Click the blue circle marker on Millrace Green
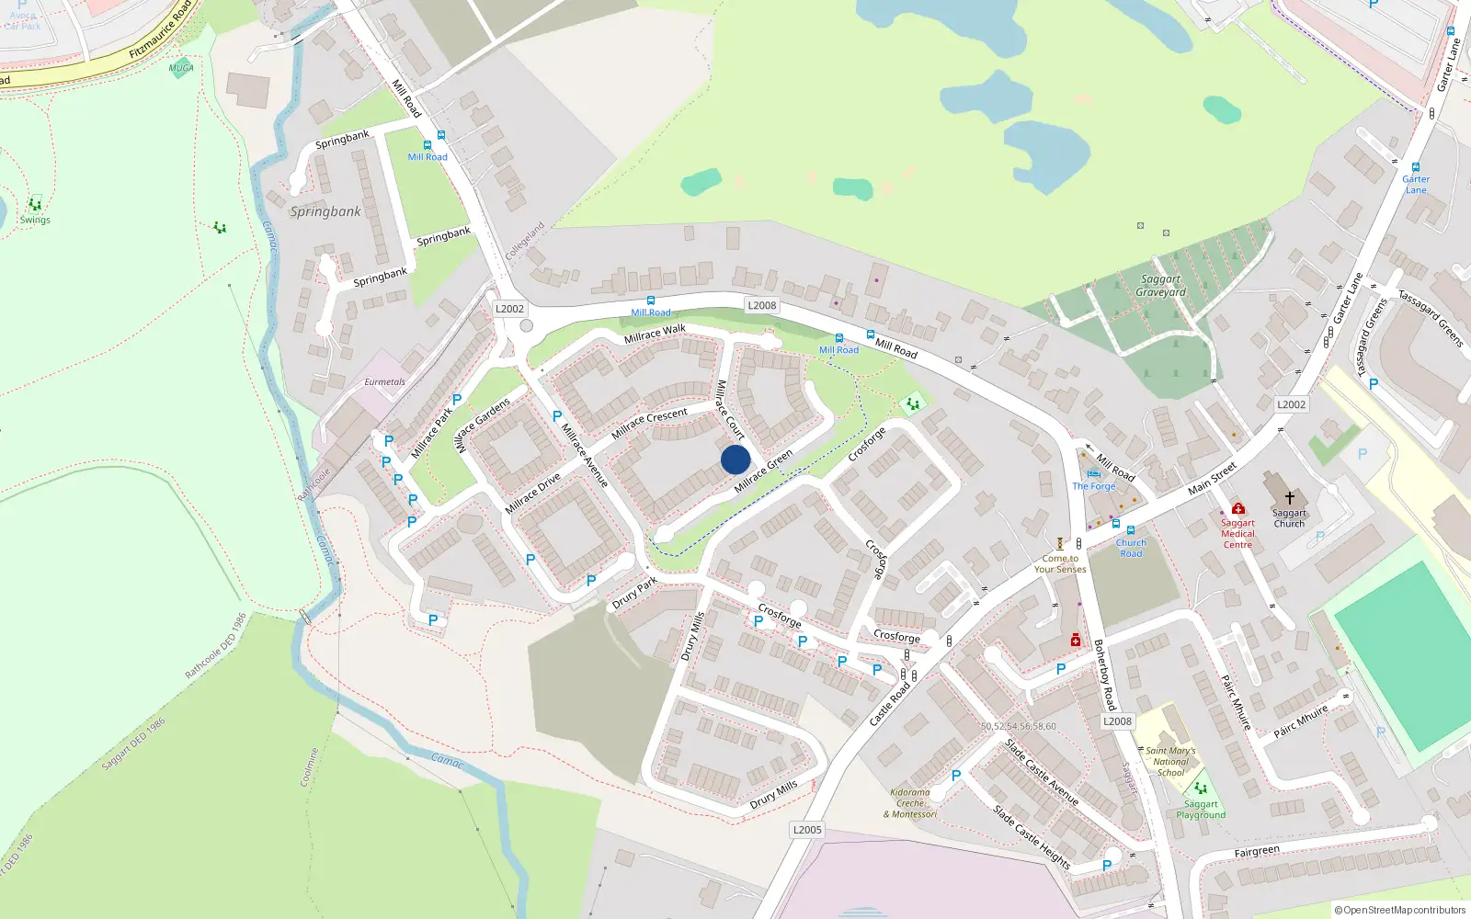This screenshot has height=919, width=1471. pos(735,459)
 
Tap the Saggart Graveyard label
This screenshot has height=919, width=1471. pos(1160,286)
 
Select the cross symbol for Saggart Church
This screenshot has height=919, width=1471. pos(1289,498)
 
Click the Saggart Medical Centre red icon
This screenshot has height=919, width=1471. pos(1237,508)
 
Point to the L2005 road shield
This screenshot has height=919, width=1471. pos(807,830)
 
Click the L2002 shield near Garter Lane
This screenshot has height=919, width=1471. pos(1291,404)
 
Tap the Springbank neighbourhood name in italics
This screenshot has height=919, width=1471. pos(325,211)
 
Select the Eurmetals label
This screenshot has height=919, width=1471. pos(384,382)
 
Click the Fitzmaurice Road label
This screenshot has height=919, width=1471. pos(160,29)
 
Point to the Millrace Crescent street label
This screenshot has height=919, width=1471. pos(649,423)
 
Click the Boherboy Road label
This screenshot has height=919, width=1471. pos(1104,675)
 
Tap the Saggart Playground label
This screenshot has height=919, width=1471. pos(1201,810)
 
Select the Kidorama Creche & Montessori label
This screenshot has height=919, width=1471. pos(910,803)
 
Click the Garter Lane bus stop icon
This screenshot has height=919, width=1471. pos(1416,167)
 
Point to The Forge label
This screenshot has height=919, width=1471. pos(1093,486)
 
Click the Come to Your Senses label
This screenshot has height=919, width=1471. pos(1060,563)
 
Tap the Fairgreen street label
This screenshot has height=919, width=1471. pos(1256,852)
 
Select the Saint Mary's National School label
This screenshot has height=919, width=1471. pos(1170,761)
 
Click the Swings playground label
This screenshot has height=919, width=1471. pos(35,221)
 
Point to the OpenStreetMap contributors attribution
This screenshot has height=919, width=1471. pos(1400,910)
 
